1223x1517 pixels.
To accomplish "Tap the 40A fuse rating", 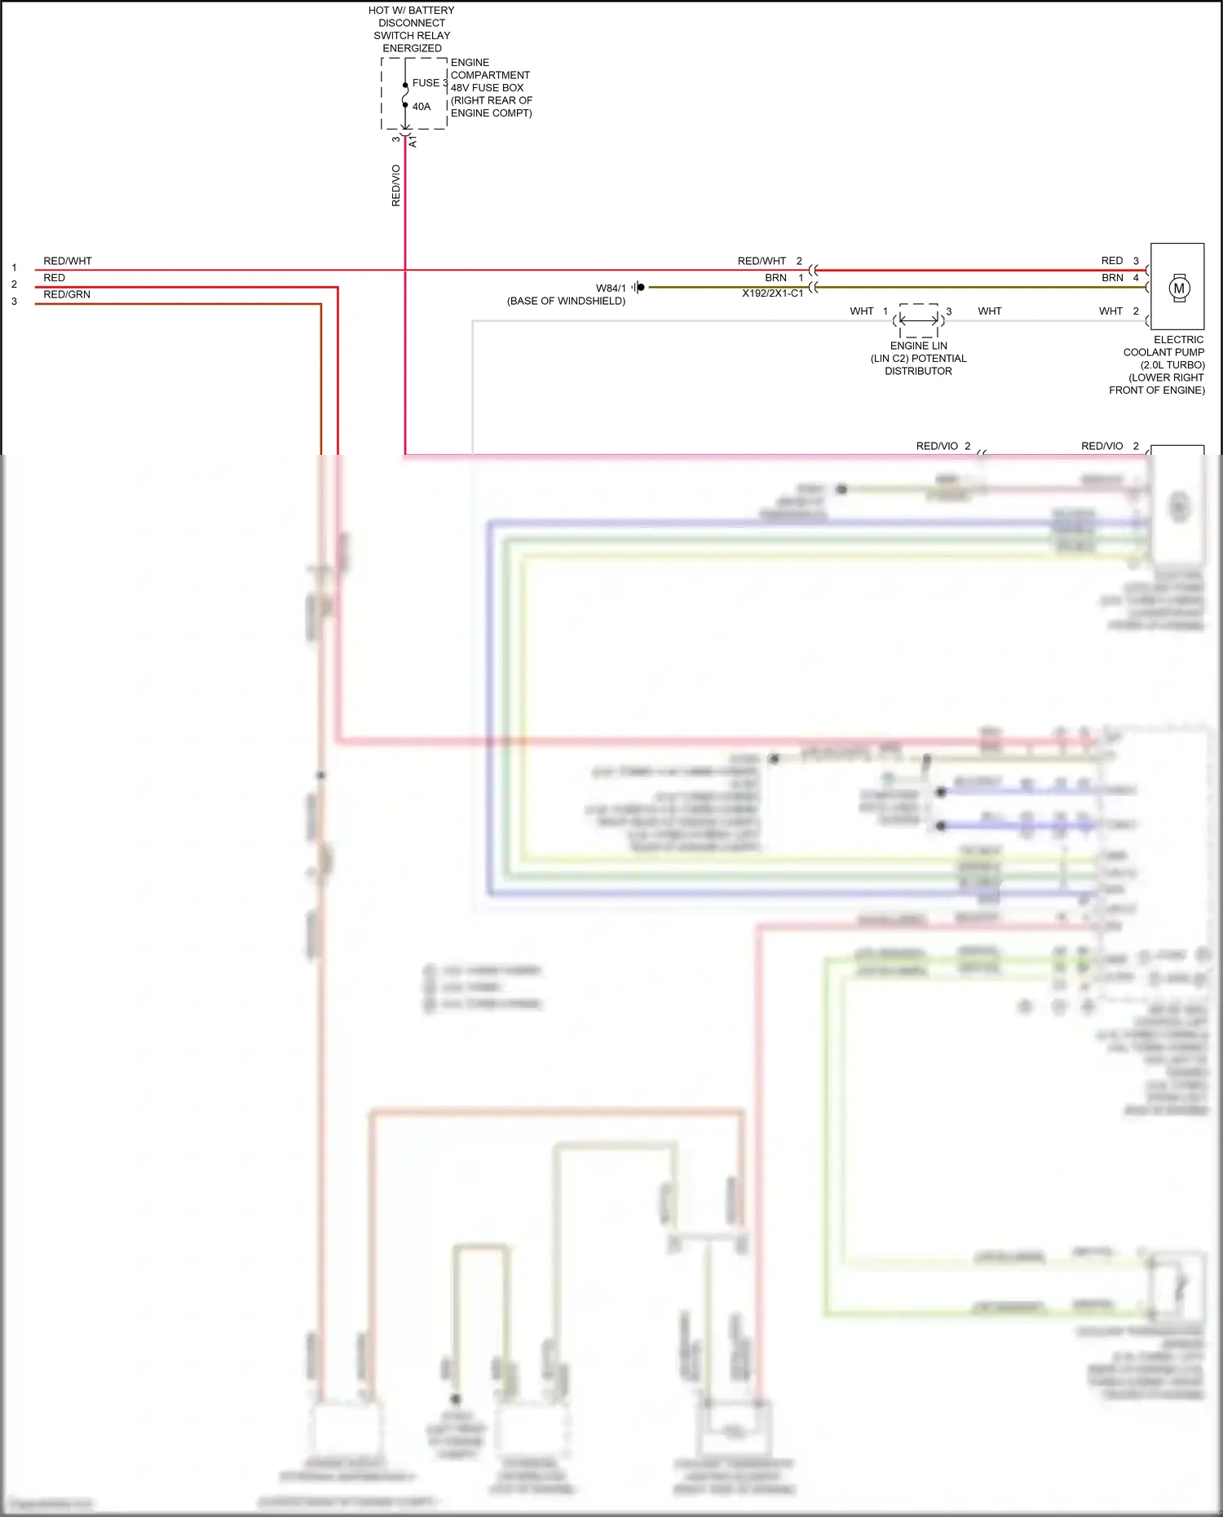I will (x=422, y=106).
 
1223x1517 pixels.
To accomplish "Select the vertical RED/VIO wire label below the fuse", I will (x=396, y=185).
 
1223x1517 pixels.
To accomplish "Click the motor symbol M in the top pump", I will (x=1179, y=288).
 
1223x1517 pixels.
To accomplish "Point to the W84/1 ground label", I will (x=611, y=288).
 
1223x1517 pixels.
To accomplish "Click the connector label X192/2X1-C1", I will (x=772, y=293).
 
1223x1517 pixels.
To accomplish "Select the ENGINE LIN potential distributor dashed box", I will (x=919, y=320).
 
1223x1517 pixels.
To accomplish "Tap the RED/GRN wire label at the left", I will (x=67, y=294).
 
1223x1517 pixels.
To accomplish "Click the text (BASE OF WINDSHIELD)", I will (x=566, y=301).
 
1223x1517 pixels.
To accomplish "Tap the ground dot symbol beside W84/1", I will (x=640, y=287).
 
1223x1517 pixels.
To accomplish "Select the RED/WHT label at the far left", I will (x=68, y=261).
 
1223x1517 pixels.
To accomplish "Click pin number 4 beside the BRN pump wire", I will (x=1136, y=278).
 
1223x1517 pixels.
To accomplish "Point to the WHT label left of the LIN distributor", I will (x=861, y=311).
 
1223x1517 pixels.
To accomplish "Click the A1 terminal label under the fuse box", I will (x=413, y=142).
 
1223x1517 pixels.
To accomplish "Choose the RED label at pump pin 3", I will (x=1112, y=261).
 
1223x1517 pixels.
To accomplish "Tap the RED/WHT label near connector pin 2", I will (x=762, y=261).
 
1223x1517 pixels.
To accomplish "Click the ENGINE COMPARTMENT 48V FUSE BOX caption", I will (x=491, y=87).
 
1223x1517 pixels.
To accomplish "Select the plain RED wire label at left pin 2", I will (x=54, y=278).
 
